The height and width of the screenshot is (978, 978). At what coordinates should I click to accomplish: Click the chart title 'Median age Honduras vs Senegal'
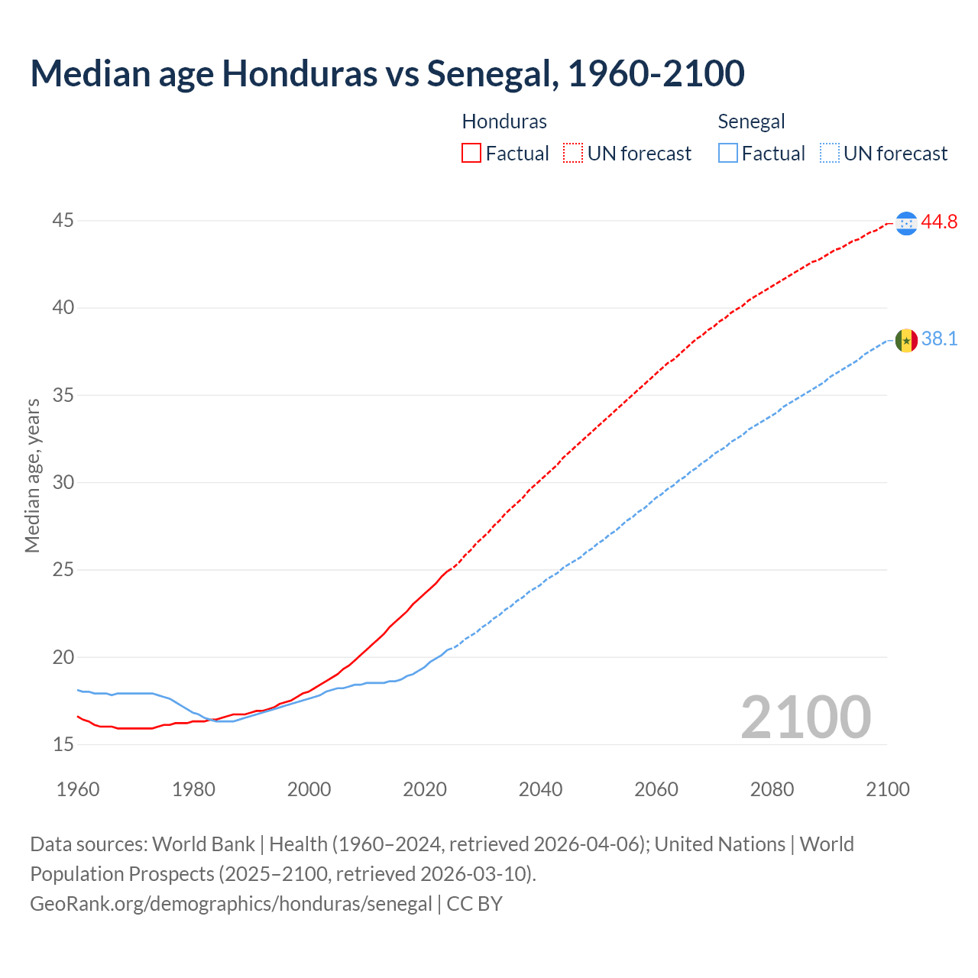click(x=387, y=74)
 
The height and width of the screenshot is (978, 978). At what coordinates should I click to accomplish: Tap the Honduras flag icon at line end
click(x=906, y=223)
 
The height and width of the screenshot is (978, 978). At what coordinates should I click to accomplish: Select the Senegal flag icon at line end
click(x=906, y=340)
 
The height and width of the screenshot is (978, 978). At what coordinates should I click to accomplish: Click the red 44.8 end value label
click(x=939, y=222)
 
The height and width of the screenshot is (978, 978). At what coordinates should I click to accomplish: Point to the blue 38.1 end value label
click(x=939, y=339)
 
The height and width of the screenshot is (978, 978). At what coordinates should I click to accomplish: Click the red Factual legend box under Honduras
click(x=471, y=154)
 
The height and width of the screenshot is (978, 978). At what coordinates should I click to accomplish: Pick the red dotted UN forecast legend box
click(x=573, y=154)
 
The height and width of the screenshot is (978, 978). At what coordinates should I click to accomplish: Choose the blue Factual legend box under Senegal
click(x=728, y=154)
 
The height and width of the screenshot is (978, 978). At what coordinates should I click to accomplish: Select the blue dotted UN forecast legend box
click(x=829, y=154)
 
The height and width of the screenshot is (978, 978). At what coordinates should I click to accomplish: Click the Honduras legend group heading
click(x=504, y=121)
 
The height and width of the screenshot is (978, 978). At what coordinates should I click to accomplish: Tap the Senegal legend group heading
click(x=751, y=121)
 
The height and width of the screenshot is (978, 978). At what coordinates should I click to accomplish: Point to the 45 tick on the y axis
click(x=63, y=221)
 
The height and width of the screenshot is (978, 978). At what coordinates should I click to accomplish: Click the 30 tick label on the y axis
click(x=63, y=482)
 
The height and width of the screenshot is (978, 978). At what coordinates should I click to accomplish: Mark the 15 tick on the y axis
click(x=63, y=744)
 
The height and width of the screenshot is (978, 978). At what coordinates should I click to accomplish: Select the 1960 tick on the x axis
click(x=78, y=789)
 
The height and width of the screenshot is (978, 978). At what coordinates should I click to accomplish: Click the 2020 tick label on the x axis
click(x=425, y=789)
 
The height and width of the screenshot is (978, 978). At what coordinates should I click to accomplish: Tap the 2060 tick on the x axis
click(x=656, y=789)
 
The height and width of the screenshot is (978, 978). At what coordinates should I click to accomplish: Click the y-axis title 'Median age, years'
click(x=32, y=475)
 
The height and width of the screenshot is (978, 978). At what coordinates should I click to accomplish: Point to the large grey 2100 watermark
click(x=805, y=717)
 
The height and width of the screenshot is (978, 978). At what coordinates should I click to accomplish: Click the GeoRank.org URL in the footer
click(x=231, y=904)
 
